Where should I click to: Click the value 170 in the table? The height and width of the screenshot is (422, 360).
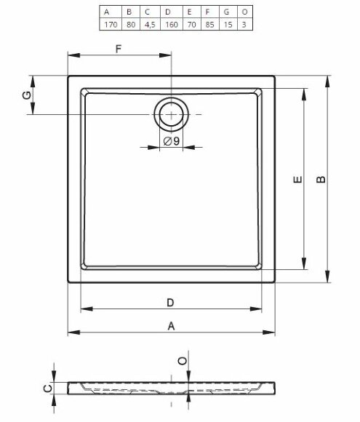tap(111, 25)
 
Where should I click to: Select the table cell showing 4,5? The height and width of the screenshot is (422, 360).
tap(150, 25)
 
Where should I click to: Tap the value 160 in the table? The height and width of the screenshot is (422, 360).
tap(172, 25)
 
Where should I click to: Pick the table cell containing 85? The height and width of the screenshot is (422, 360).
tap(209, 25)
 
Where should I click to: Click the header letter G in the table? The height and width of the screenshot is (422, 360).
tap(226, 12)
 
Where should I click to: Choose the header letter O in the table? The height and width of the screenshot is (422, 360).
tap(244, 12)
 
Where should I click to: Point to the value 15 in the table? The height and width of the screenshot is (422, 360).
tap(228, 25)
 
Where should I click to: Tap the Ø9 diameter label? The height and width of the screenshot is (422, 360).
tap(172, 140)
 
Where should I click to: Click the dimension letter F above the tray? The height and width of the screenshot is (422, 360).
tap(119, 49)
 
